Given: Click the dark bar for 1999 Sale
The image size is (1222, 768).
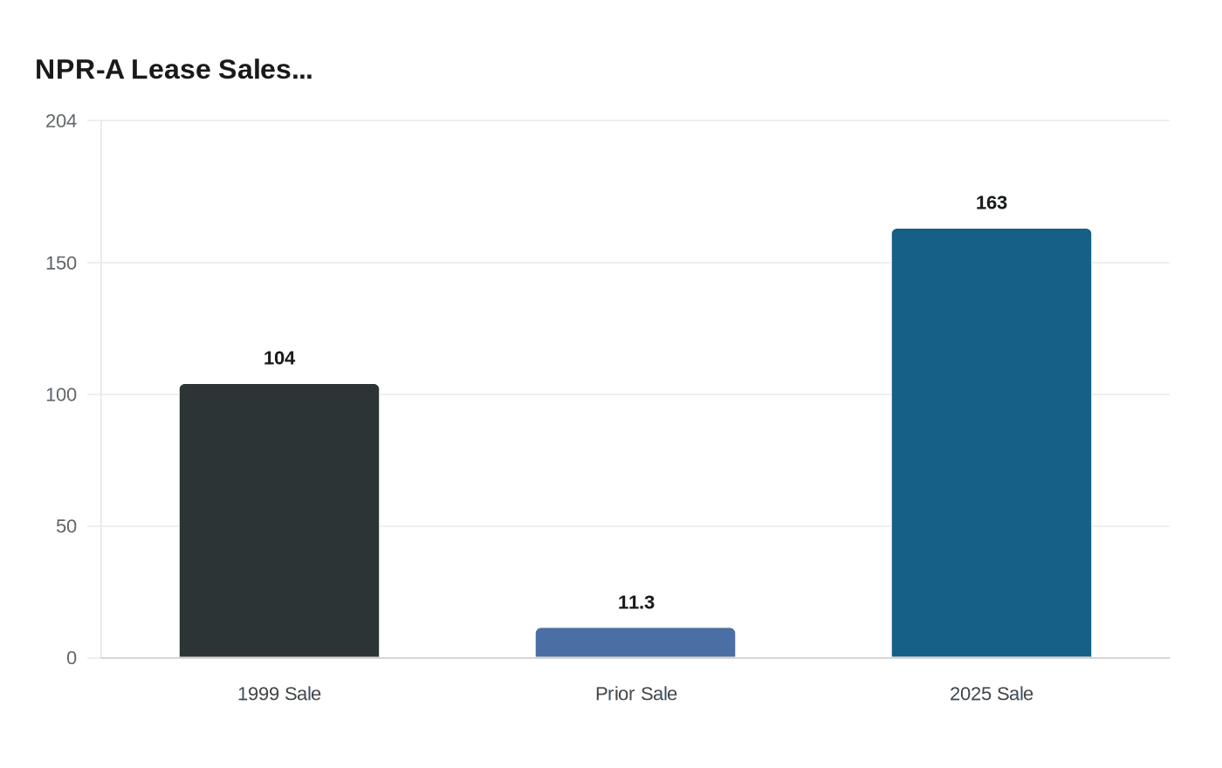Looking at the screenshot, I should [x=279, y=521].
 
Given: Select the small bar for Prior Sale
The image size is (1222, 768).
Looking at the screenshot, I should [x=635, y=643].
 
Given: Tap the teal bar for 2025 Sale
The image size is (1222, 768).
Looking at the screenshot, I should [x=992, y=443].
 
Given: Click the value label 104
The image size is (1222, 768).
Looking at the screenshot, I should [x=279, y=358].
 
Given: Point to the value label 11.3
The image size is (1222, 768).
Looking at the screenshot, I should [x=635, y=602].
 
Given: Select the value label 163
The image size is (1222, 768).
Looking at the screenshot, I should [x=992, y=202].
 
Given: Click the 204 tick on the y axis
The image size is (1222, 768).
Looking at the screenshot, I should [x=61, y=121].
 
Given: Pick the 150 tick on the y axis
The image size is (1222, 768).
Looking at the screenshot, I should [x=61, y=263].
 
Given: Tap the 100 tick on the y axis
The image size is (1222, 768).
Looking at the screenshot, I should [x=61, y=394].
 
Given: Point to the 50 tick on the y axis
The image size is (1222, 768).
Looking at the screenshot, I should [x=66, y=526].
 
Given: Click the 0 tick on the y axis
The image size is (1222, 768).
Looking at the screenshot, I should [x=72, y=658].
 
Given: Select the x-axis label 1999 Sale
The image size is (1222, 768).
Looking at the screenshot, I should [x=279, y=694].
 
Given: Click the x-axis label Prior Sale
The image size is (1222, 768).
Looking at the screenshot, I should [x=635, y=694].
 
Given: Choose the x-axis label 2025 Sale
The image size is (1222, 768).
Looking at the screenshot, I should [x=992, y=694].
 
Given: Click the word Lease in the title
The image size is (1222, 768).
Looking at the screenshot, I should [x=171, y=70].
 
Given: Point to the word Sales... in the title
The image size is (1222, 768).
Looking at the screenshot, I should [x=265, y=70].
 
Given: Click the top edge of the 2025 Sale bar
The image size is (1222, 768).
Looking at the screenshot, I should [x=992, y=230].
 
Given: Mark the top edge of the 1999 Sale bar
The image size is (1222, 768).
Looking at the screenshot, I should [x=279, y=385].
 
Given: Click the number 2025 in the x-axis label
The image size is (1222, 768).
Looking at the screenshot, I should [x=971, y=694].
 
